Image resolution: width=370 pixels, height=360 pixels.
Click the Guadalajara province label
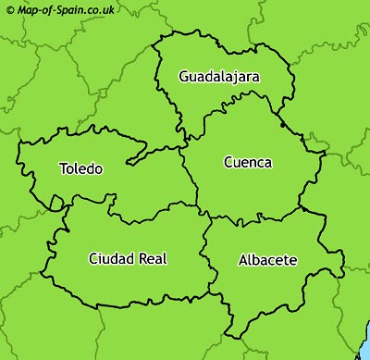click(x=219, y=76)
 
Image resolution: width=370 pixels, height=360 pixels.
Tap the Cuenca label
click(x=248, y=162)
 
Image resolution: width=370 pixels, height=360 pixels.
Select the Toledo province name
click(x=80, y=168)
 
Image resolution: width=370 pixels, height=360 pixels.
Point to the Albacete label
click(x=267, y=260)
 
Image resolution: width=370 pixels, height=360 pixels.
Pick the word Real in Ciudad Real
click(x=152, y=258)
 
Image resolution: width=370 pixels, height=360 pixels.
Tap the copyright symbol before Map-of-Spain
click(x=10, y=9)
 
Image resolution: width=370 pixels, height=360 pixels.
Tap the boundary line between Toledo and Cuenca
click(x=190, y=176)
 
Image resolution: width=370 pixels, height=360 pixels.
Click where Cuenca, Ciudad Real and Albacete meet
click(x=209, y=218)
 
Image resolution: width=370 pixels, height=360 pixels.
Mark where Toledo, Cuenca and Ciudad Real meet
click(x=196, y=205)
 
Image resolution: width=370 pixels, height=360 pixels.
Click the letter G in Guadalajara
click(x=185, y=76)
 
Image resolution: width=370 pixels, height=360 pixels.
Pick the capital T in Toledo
click(x=62, y=168)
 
